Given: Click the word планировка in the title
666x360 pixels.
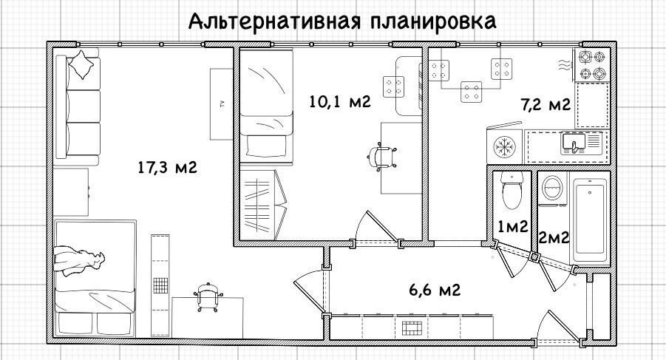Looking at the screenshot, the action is tap(432, 21).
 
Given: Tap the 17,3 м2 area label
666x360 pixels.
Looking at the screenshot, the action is tap(166, 168).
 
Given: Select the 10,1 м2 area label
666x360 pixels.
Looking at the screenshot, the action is tap(340, 101).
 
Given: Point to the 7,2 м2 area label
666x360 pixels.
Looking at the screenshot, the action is tap(546, 104).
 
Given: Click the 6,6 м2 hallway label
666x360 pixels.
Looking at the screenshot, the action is tap(436, 289).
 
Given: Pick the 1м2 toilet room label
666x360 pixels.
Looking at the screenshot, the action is tap(512, 227).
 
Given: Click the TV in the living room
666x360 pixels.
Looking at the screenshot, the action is tap(220, 103).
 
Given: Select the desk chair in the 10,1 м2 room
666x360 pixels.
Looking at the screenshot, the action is tap(386, 157).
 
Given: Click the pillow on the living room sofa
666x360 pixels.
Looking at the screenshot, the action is tap(83, 65).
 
